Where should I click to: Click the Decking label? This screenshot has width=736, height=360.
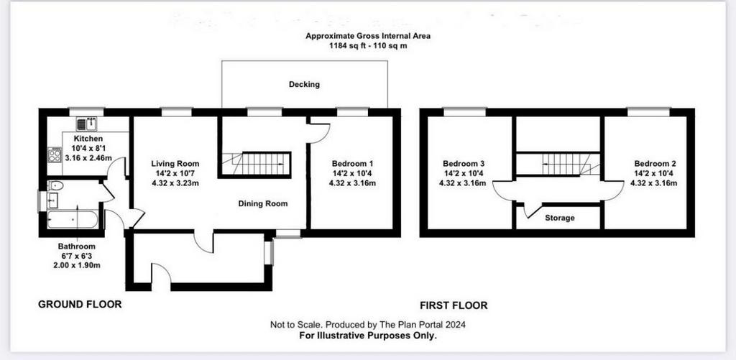304,85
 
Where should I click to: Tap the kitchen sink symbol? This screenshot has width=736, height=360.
86,124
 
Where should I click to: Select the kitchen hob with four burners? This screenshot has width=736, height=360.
55,155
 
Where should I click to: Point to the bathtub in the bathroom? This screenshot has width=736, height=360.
73,219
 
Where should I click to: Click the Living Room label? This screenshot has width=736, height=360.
175,164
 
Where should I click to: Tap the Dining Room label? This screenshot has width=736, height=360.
263,203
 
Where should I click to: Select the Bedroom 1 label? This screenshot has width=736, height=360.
352,164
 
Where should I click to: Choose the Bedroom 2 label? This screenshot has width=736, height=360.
655,164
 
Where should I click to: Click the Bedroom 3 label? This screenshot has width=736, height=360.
464,164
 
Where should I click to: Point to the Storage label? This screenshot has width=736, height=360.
559,218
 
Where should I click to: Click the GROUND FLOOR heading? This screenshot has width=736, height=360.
80,304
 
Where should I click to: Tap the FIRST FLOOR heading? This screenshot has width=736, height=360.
454,305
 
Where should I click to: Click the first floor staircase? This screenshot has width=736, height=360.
558,165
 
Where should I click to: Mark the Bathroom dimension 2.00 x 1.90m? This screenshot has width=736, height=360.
76,265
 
